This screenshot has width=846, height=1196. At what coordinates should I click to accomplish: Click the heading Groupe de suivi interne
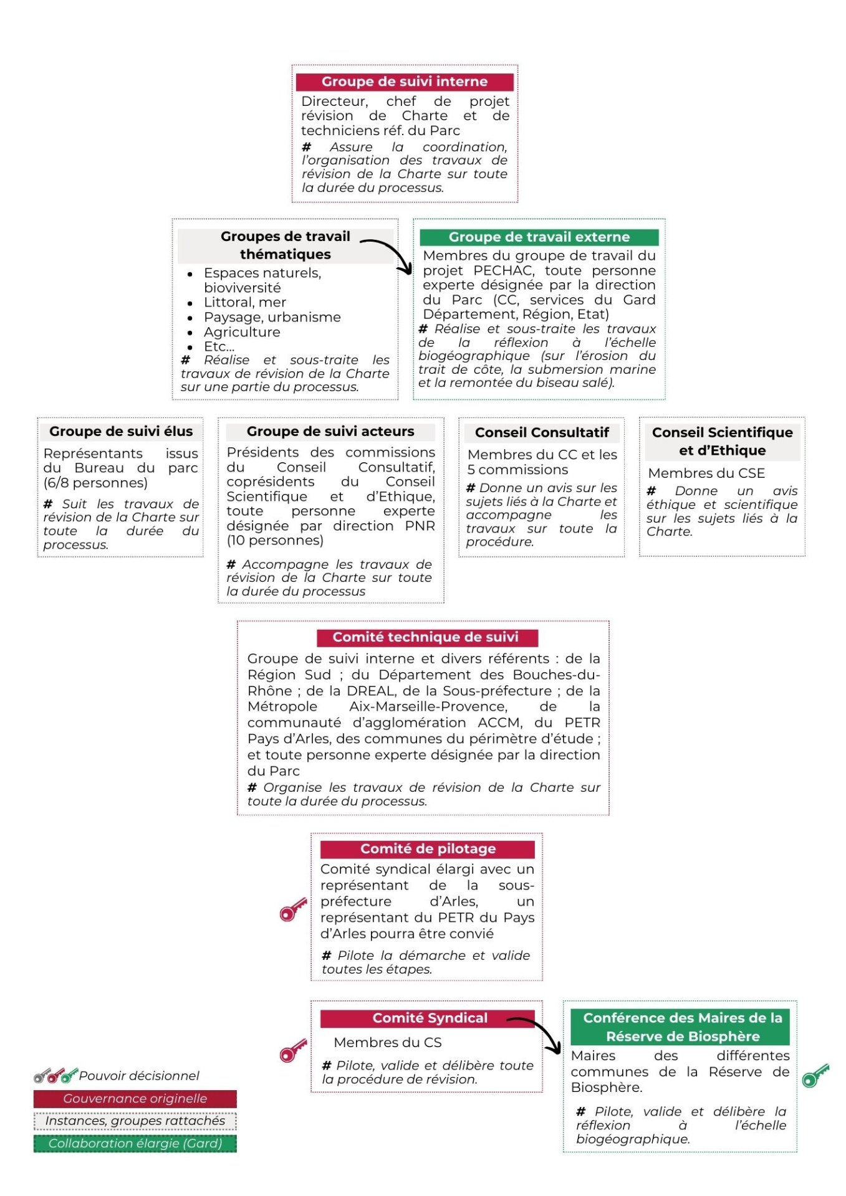click(404, 82)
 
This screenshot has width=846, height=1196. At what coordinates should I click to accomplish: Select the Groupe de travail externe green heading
click(539, 237)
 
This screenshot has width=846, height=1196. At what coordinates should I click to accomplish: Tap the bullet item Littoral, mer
click(244, 302)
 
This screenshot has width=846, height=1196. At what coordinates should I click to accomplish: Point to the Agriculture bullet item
click(242, 332)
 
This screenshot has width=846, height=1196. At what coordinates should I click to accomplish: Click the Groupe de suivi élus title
click(121, 431)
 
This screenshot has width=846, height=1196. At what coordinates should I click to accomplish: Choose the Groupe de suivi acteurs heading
click(330, 431)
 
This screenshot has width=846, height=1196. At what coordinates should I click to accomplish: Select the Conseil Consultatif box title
click(541, 432)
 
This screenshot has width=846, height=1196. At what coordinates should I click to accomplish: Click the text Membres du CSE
click(706, 473)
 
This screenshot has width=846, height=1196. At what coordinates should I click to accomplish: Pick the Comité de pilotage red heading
click(428, 848)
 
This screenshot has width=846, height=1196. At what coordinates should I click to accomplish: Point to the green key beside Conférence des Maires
click(815, 1075)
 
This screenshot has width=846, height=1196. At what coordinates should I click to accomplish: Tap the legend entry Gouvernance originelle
click(135, 1098)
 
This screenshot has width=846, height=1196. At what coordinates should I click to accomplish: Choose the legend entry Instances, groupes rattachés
click(135, 1121)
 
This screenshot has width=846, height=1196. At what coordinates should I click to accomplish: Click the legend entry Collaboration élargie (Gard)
click(135, 1143)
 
